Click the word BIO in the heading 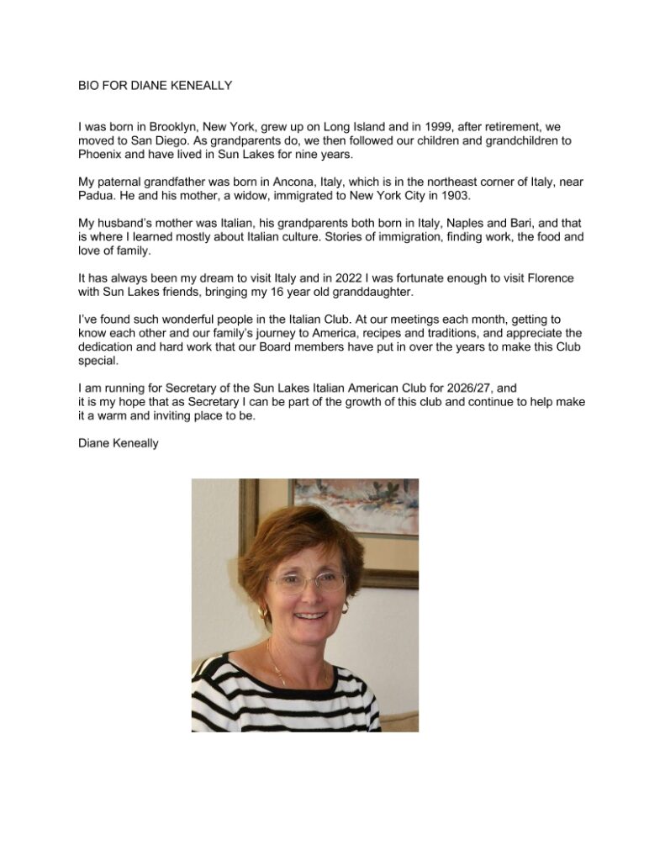click(x=87, y=85)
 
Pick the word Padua click(x=94, y=205)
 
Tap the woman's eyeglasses click(x=306, y=581)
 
